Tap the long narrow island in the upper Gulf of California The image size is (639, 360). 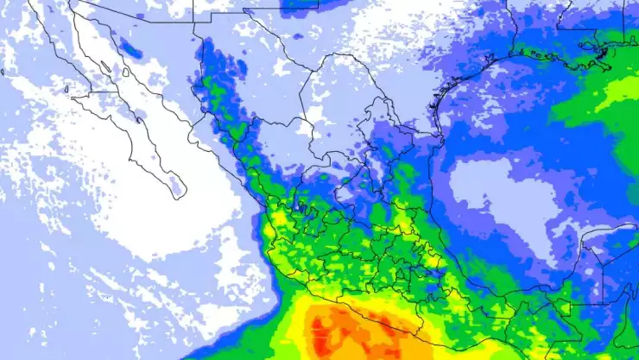(104, 66)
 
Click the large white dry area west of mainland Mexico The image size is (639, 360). (173, 224)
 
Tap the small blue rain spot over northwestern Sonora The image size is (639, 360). (130, 47)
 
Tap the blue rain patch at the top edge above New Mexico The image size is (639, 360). (298, 4)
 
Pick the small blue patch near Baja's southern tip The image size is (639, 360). (176, 183)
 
